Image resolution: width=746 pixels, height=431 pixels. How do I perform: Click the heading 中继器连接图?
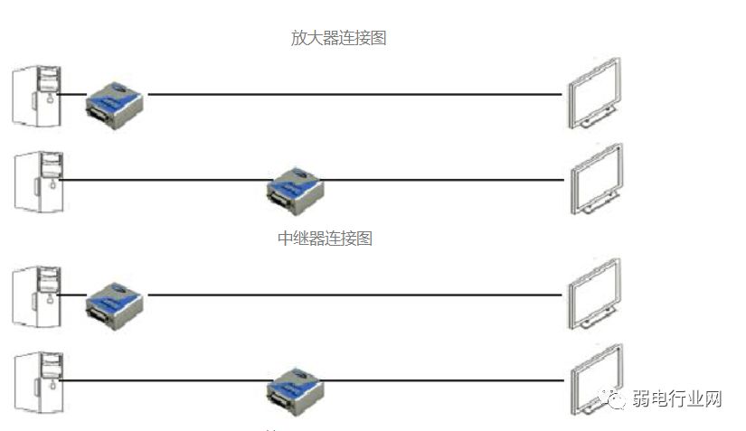click(325, 239)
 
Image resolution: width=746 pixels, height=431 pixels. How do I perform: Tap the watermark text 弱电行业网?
click(677, 398)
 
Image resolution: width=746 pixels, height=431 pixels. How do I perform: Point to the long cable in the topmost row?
click(353, 93)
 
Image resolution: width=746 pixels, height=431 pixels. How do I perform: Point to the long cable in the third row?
click(353, 295)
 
